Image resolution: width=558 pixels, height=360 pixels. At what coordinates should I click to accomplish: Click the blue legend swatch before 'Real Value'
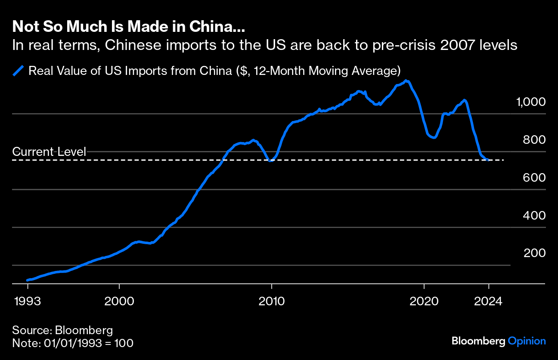click(19, 71)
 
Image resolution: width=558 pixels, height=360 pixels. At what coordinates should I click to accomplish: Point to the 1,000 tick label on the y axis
click(531, 102)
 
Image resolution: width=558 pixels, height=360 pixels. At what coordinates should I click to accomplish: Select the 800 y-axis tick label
click(534, 140)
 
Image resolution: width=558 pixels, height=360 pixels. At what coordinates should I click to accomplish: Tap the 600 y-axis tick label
click(534, 178)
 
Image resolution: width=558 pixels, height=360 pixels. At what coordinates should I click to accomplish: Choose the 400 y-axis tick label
click(534, 215)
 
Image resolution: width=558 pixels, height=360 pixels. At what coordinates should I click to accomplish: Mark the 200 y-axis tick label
click(534, 253)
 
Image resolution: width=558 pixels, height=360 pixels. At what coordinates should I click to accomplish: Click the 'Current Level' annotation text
click(50, 152)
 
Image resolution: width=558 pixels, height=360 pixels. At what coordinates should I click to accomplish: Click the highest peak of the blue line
click(406, 81)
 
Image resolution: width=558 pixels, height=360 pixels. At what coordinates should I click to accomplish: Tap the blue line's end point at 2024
click(488, 160)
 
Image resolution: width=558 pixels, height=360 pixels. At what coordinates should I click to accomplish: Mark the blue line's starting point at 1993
click(28, 280)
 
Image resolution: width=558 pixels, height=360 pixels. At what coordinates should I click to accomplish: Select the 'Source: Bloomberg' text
click(62, 331)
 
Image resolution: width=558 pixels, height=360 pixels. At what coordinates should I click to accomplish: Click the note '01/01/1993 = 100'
click(73, 343)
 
